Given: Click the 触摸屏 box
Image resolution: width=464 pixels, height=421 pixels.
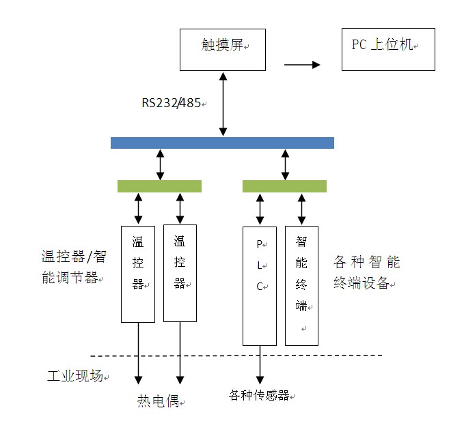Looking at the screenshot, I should pyautogui.click(x=223, y=49).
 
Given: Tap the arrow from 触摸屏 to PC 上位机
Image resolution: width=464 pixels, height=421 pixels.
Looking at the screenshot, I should pyautogui.click(x=302, y=65).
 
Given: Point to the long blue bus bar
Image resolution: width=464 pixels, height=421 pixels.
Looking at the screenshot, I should pyautogui.click(x=222, y=143).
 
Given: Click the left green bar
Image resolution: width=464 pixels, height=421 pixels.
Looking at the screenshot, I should pyautogui.click(x=159, y=186).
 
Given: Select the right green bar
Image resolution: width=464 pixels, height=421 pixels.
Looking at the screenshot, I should pyautogui.click(x=284, y=186).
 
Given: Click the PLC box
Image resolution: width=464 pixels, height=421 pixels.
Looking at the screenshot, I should pyautogui.click(x=260, y=286).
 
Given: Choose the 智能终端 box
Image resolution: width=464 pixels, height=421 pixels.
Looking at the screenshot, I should pyautogui.click(x=301, y=286).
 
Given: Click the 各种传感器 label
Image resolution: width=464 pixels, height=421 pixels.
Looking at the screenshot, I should pyautogui.click(x=260, y=396).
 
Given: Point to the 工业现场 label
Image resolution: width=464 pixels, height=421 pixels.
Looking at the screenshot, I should pyautogui.click(x=76, y=376).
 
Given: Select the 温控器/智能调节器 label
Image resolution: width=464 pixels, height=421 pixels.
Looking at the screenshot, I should pyautogui.click(x=73, y=267).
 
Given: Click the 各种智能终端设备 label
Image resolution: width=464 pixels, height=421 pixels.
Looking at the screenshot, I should pyautogui.click(x=366, y=272).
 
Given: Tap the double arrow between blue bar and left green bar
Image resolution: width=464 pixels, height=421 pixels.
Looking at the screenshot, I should pyautogui.click(x=160, y=164).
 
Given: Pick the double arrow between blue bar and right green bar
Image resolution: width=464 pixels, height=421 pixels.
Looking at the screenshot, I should pyautogui.click(x=285, y=164).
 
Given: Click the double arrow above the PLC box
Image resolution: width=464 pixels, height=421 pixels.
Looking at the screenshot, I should pyautogui.click(x=260, y=209).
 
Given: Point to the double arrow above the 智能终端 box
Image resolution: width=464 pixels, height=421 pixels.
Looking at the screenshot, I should pyautogui.click(x=301, y=209).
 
